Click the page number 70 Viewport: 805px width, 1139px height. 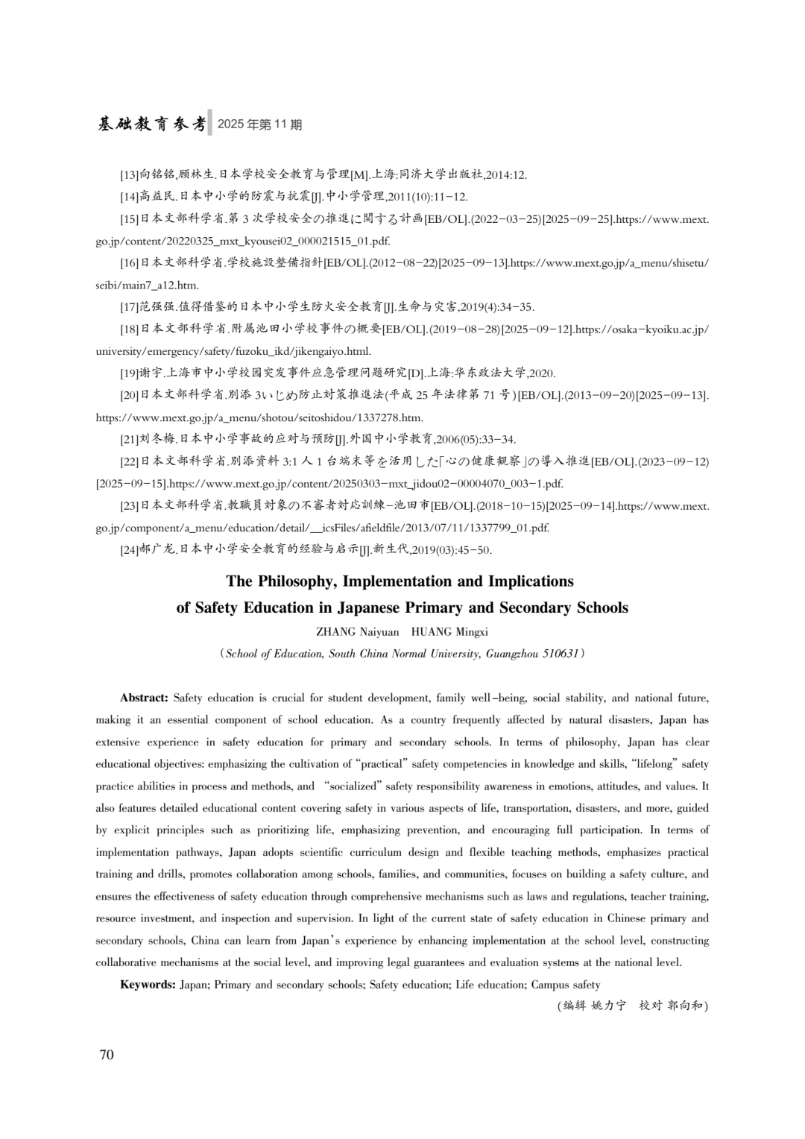click(107, 1055)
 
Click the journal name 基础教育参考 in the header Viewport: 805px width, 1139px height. click(151, 124)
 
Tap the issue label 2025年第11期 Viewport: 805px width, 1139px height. click(260, 124)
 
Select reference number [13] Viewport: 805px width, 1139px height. click(130, 175)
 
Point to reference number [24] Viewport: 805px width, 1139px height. click(130, 551)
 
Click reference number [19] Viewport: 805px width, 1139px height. click(130, 373)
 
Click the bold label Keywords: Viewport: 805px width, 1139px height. click(148, 985)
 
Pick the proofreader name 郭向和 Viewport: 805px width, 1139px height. click(685, 1006)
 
